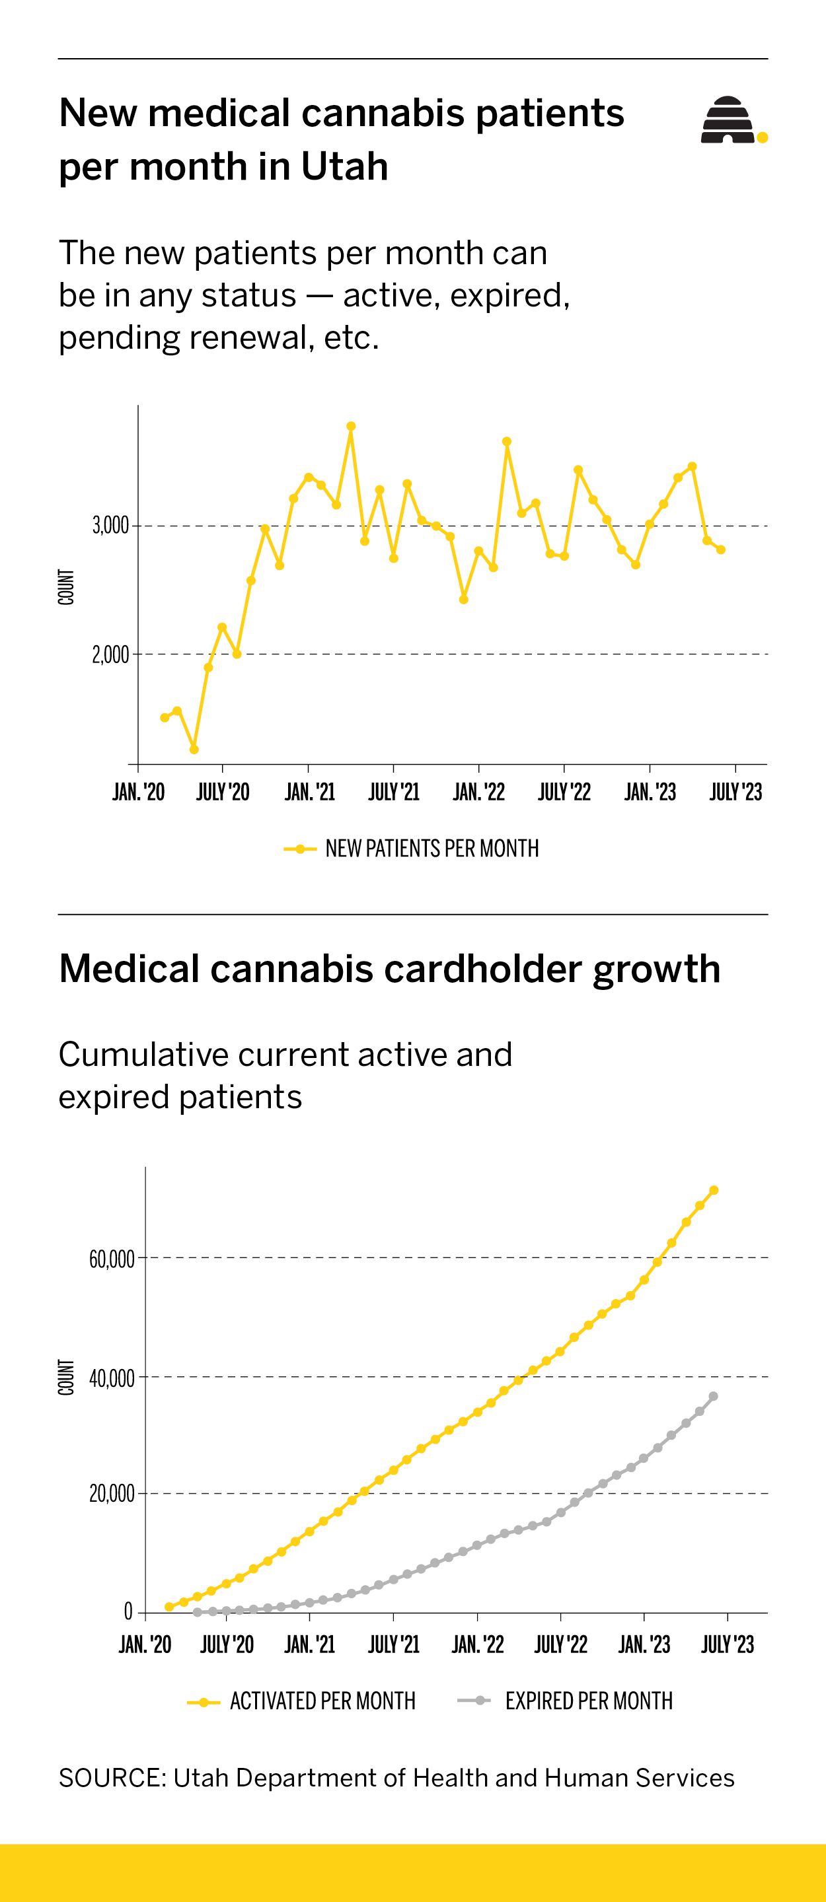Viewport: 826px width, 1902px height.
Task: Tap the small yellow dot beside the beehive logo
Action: [763, 137]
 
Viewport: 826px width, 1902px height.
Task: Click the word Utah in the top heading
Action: [344, 166]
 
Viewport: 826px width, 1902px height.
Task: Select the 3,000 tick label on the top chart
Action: [110, 526]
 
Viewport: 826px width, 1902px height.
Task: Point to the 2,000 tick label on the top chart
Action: [110, 655]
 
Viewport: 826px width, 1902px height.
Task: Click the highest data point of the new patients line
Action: [351, 427]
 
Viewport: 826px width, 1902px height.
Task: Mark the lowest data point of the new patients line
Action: [194, 750]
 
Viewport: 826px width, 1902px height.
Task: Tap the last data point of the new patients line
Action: [720, 549]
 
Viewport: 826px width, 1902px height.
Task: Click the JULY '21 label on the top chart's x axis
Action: [394, 792]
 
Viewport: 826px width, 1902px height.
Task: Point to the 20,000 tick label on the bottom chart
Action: [112, 1494]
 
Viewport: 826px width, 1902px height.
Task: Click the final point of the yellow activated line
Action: [714, 1190]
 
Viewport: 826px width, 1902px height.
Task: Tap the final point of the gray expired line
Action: [713, 1395]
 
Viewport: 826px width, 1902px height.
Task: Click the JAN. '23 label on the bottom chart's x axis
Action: [644, 1644]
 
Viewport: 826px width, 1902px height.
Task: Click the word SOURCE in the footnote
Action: [112, 1777]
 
